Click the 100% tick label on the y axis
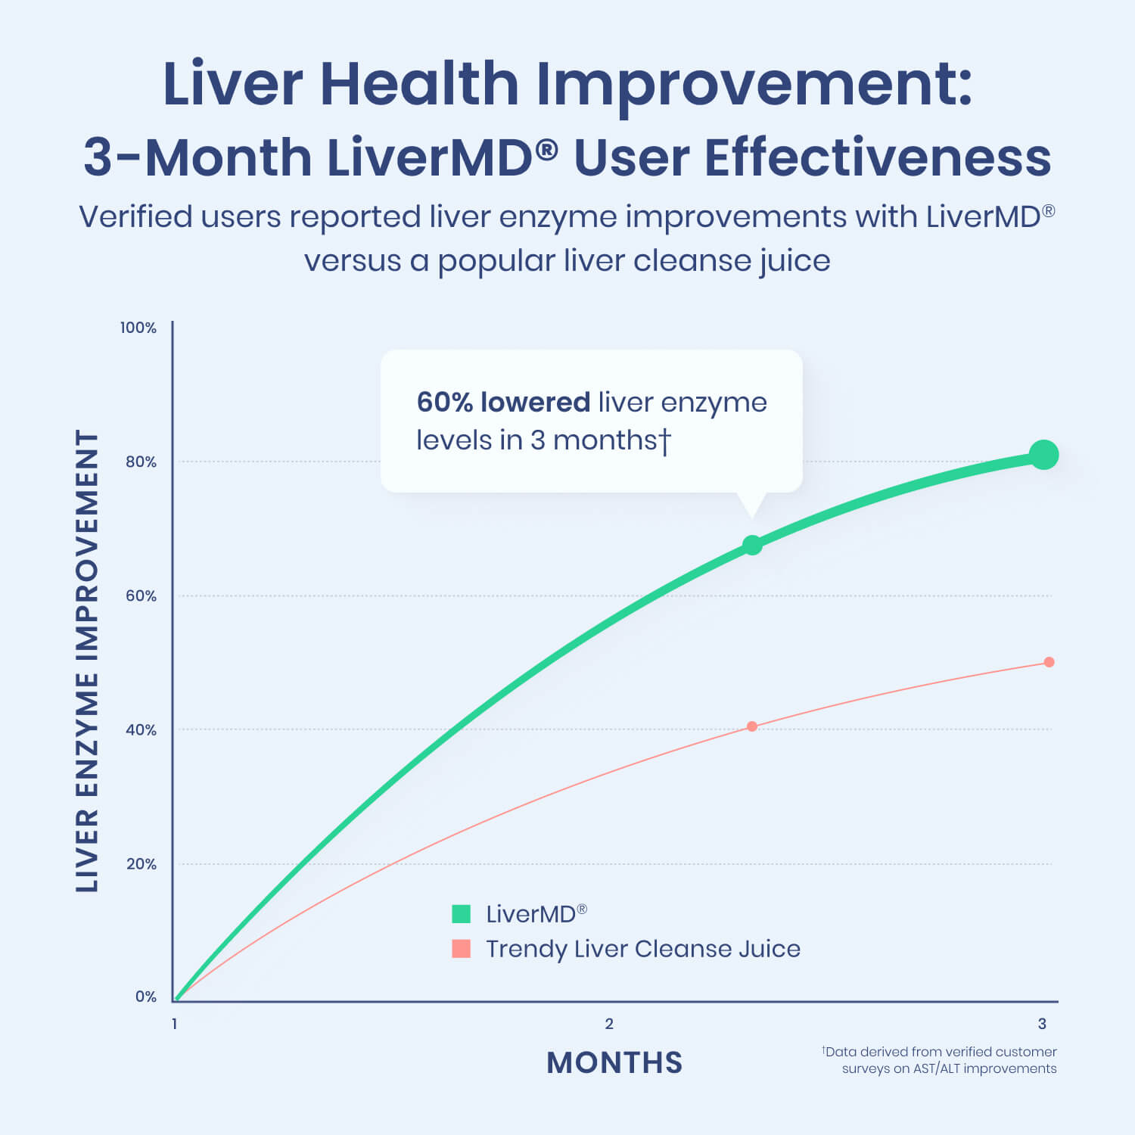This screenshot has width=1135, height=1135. coord(138,328)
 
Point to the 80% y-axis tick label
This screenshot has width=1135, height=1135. coord(141,462)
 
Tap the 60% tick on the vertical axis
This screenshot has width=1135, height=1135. coord(141,595)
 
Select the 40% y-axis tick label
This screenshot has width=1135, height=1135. coord(141,729)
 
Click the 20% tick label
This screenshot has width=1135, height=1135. coord(141,863)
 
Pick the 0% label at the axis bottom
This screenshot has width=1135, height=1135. coord(145,997)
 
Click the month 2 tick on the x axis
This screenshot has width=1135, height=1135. coord(609,1024)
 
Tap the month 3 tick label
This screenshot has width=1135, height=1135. coord(1042,1024)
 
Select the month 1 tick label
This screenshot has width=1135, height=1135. coord(175,1024)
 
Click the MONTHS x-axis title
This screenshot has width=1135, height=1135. coord(614,1062)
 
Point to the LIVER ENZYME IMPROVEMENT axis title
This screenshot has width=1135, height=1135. coord(88,661)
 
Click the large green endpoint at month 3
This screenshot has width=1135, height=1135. coord(1044,455)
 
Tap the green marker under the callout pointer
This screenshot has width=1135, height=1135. coord(752,545)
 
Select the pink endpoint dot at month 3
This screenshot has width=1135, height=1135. coord(1049,662)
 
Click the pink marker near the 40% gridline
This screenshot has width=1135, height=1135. coord(752,726)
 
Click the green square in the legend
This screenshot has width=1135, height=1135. coord(462,914)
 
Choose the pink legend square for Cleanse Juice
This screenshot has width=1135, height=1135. coord(462,949)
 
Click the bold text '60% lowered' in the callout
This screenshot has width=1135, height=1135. coord(503,402)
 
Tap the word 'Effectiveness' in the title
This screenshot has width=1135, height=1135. coord(878,158)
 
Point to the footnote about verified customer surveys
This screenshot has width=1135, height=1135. coord(941,1060)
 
